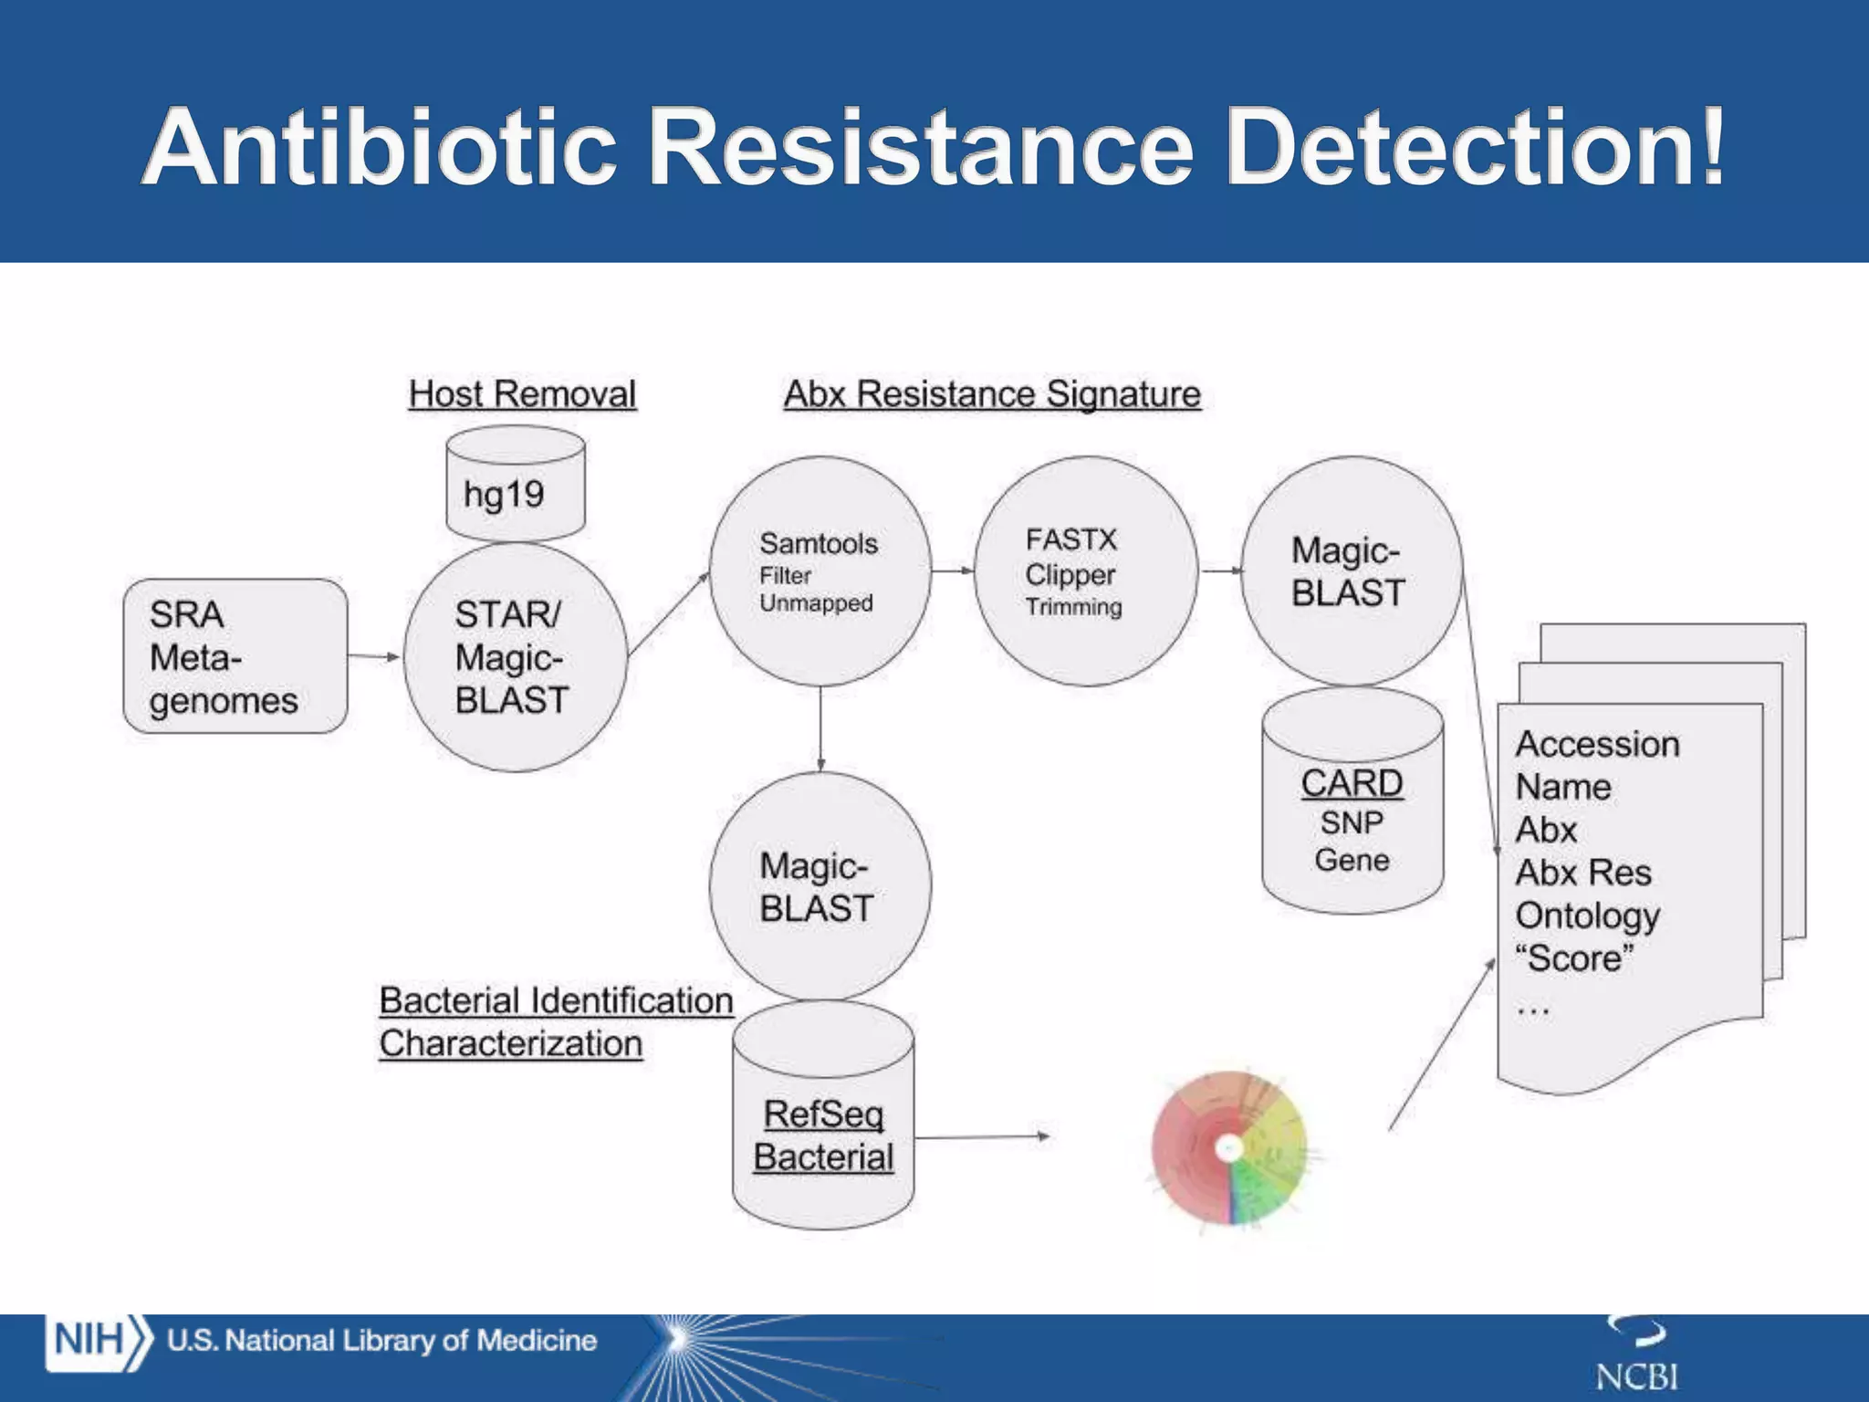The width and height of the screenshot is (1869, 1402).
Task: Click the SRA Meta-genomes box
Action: [235, 655]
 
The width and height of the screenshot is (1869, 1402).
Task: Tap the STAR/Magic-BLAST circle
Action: [516, 658]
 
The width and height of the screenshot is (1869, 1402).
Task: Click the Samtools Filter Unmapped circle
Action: [820, 571]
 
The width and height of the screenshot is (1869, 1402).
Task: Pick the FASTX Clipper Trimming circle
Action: [1084, 571]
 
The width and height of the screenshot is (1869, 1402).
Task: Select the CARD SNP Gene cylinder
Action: [1352, 801]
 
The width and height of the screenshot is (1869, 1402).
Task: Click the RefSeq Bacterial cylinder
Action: [822, 1115]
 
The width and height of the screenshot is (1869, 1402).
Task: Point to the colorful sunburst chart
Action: [1229, 1147]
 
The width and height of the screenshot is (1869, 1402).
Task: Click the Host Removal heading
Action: [522, 394]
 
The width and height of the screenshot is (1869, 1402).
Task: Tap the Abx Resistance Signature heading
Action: [992, 394]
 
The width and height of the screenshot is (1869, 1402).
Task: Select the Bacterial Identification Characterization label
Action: [556, 1021]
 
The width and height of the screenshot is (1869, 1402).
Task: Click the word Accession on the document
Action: [1597, 744]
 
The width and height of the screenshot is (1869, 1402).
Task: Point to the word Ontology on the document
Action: [1587, 915]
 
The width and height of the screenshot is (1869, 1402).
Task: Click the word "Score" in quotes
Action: [1574, 958]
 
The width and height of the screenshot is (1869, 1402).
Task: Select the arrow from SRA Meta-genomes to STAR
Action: [374, 656]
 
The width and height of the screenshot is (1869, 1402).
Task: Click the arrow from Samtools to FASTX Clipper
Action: [953, 571]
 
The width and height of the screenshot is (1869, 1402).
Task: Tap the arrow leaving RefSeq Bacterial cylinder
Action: [982, 1137]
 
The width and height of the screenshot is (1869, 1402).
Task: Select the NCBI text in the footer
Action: [1636, 1376]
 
